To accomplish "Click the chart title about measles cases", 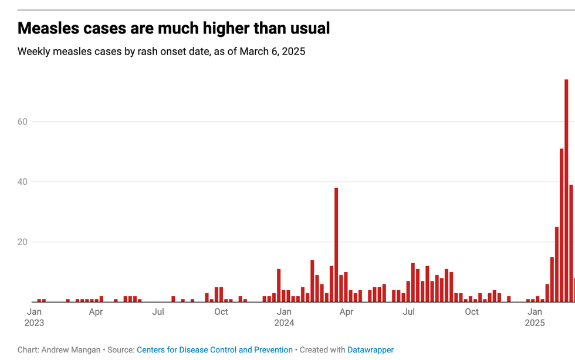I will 174,28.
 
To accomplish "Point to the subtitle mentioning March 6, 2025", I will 161,52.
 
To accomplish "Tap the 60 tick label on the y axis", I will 23,122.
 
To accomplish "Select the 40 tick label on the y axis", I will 23,182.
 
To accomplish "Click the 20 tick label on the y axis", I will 23,242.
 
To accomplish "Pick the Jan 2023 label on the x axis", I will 34,317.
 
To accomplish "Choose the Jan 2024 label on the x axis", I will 284,317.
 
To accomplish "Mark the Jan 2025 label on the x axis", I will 535,317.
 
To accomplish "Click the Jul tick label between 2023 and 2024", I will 158,312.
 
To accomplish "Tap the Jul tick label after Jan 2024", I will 409,312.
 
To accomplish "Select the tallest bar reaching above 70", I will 566,191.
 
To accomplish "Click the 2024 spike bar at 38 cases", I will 336,244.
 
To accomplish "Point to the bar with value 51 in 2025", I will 562,225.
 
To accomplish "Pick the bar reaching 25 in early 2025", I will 557,264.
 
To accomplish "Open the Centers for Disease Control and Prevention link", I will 215,350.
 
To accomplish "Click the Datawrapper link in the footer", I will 370,350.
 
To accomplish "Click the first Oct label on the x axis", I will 221,312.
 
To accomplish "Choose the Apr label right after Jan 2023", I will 96,312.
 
